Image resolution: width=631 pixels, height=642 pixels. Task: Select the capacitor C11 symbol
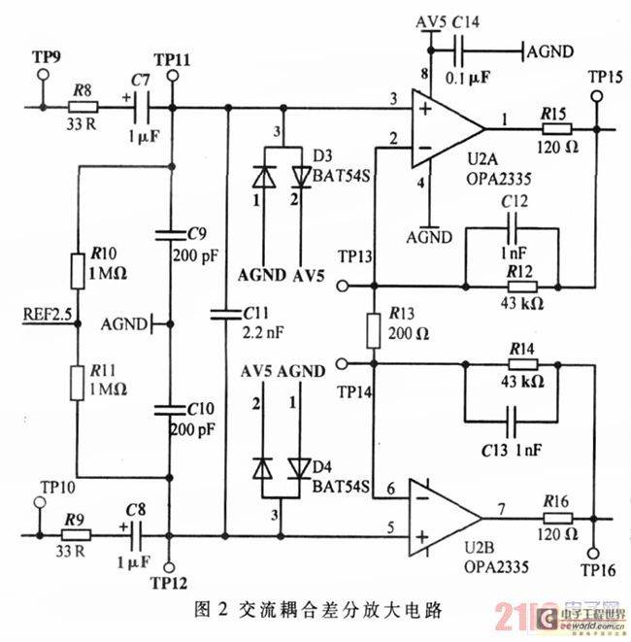226,314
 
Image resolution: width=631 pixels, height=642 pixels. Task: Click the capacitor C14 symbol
465,49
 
